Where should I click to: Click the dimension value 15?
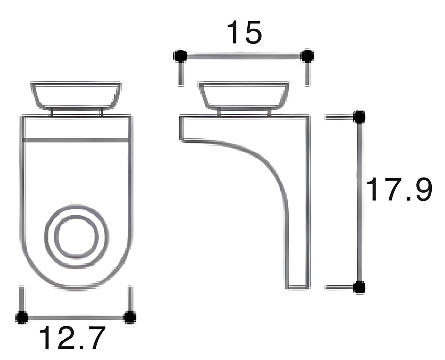[244, 32]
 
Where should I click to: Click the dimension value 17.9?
[399, 190]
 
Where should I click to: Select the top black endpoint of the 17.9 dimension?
[359, 116]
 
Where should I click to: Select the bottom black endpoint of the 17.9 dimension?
[359, 288]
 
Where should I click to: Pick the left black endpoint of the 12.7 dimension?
[22, 317]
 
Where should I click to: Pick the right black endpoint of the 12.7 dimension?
[130, 317]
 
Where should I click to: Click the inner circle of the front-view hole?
[76, 236]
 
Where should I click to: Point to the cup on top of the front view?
[76, 95]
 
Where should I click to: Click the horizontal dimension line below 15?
[243, 57]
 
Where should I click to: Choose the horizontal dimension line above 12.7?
[76, 317]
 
